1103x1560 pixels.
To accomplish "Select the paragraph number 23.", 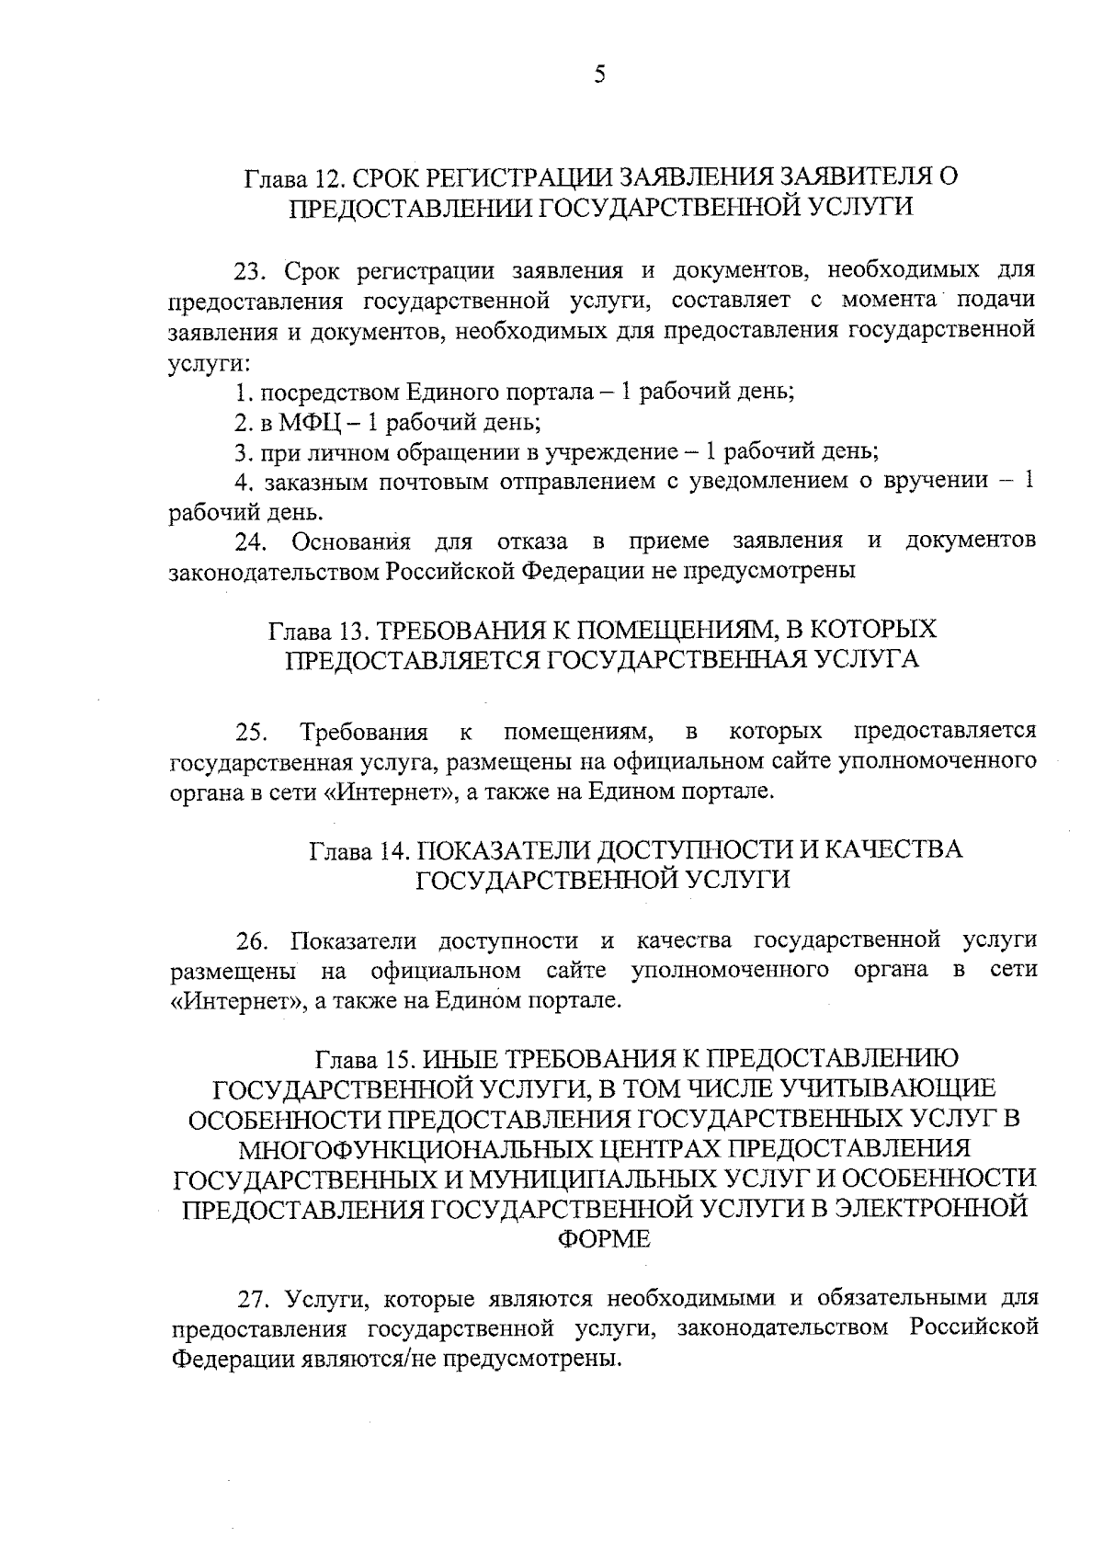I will click(248, 271).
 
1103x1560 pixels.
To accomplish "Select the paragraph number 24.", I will click(249, 541).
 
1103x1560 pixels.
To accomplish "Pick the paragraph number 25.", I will click(250, 733).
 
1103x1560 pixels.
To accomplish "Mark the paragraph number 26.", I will click(251, 941).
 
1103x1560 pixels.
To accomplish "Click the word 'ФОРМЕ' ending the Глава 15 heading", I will click(604, 1238).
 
